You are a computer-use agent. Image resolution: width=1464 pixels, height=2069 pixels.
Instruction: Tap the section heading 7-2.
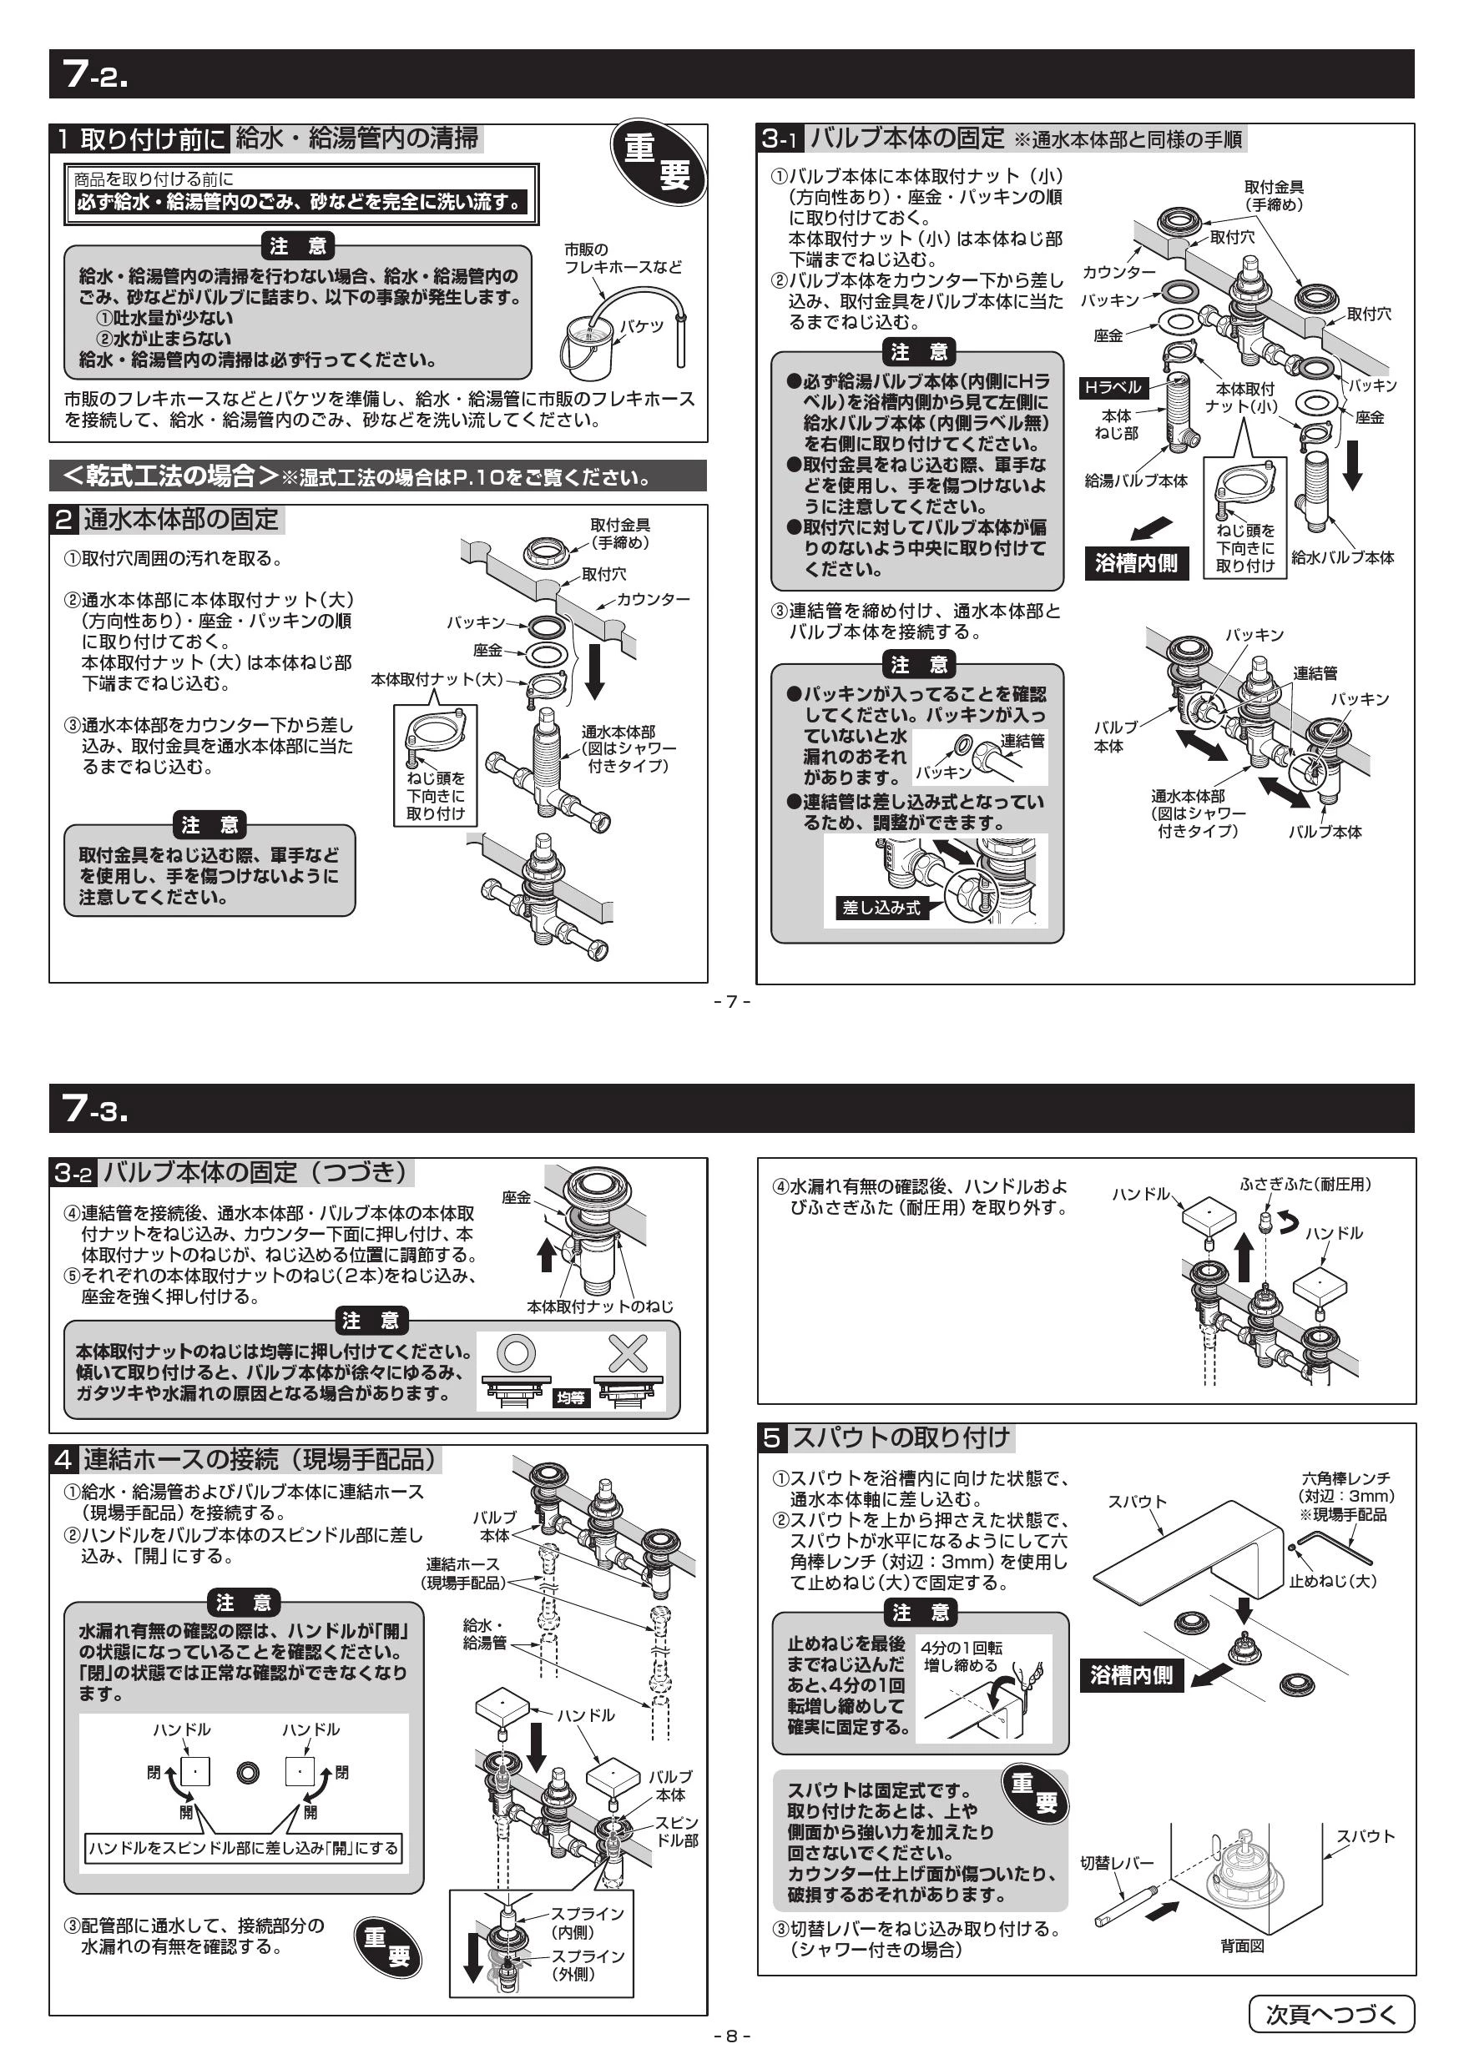(x=95, y=74)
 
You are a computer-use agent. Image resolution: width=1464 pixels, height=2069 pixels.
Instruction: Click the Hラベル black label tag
(x=1113, y=387)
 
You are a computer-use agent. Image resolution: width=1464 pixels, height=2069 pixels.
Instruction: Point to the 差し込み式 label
(x=881, y=908)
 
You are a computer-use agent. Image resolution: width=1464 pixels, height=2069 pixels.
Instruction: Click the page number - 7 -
(x=731, y=1001)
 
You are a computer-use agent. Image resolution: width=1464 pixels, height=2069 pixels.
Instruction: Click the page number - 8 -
(x=731, y=2036)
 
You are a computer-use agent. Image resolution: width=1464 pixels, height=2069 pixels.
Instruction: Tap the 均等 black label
(x=570, y=1397)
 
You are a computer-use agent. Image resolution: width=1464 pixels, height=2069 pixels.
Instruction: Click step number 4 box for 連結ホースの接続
(x=63, y=1459)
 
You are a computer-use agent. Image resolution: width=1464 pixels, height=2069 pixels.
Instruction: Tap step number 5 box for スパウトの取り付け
(x=772, y=1438)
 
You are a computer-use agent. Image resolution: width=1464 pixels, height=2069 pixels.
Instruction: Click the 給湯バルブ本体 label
(x=1136, y=481)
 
